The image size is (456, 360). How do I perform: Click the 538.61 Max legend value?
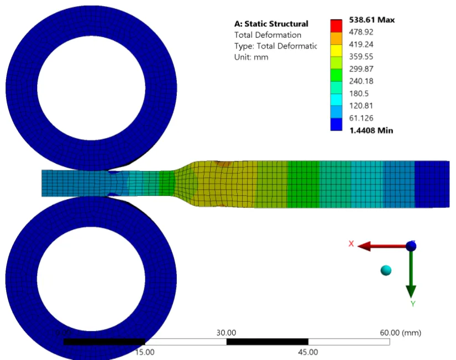point(371,20)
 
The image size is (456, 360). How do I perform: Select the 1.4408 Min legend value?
point(370,131)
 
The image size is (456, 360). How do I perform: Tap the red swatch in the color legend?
point(336,26)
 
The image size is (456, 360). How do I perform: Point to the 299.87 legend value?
point(361,69)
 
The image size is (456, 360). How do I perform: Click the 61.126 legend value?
point(361,118)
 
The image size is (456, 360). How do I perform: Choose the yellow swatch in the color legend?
point(336,62)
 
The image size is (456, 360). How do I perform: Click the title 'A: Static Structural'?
point(271,24)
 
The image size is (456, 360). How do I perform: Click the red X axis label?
point(350,244)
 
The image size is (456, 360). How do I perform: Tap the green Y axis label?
point(412,304)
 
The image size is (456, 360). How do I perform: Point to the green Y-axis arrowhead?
point(411,290)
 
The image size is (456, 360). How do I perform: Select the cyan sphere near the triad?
point(386,270)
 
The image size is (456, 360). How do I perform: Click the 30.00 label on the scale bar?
point(226,332)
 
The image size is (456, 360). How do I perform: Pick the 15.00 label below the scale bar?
point(145,352)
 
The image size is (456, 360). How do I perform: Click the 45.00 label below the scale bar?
point(308,352)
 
